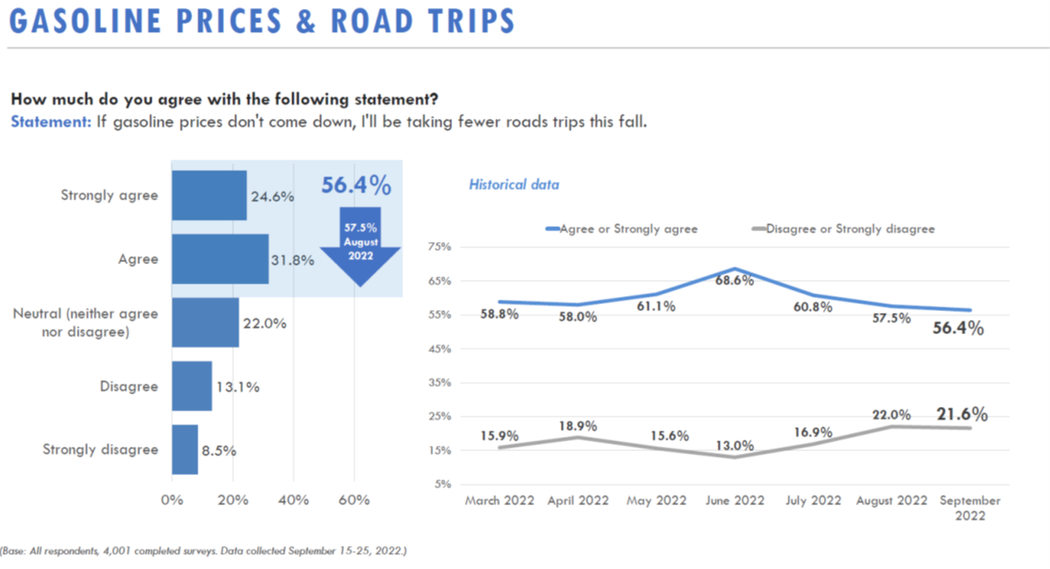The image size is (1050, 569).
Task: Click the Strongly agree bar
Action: [x=209, y=195]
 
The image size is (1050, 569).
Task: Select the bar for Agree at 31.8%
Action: [x=220, y=259]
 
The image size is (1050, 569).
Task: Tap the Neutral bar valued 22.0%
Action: [x=205, y=323]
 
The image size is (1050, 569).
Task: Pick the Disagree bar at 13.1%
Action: [x=191, y=386]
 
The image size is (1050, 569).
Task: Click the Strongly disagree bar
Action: [x=184, y=449]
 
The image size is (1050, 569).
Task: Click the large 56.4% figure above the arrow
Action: [x=355, y=185]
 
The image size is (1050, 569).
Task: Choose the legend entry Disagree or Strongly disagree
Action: [x=850, y=229]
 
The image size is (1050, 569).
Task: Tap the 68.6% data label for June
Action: [x=735, y=279]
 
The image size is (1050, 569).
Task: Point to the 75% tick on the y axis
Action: [x=439, y=246]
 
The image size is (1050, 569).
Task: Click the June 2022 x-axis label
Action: [x=735, y=501]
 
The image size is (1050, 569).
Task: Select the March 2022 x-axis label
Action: [x=500, y=501]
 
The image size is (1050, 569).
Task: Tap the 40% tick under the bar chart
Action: [x=293, y=500]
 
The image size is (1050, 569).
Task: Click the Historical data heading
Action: [x=514, y=185]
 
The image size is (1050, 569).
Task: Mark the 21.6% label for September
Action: [x=961, y=414]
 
